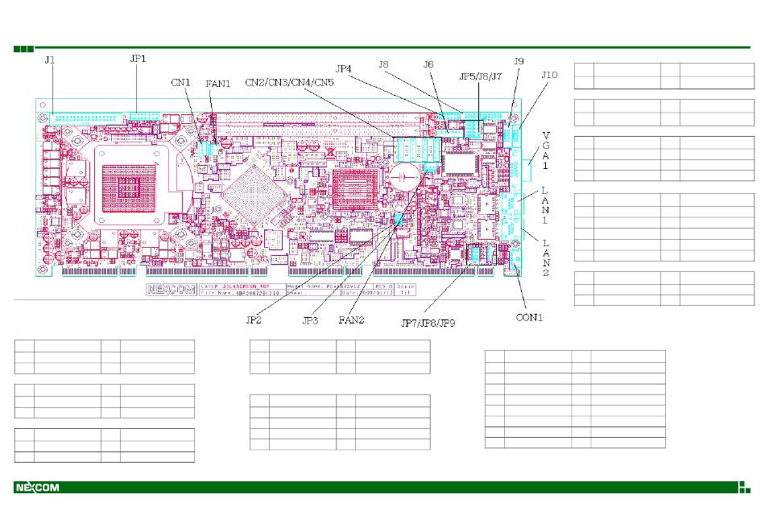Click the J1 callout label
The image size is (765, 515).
(x=49, y=60)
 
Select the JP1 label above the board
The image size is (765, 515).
(x=139, y=59)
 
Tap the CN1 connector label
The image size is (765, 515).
(x=181, y=81)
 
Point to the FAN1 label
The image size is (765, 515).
(x=217, y=82)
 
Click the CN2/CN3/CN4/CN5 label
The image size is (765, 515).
(x=289, y=82)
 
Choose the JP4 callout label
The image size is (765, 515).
(x=344, y=69)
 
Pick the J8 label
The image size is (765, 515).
(x=384, y=63)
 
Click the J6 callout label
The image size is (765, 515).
(x=428, y=63)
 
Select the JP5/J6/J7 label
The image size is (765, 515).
(x=481, y=76)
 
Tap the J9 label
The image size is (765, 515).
(x=519, y=60)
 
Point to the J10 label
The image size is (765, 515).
(x=548, y=75)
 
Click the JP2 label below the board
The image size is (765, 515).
(x=254, y=319)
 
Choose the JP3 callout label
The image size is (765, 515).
(x=311, y=319)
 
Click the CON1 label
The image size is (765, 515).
(x=529, y=317)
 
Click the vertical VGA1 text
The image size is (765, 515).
(x=546, y=150)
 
